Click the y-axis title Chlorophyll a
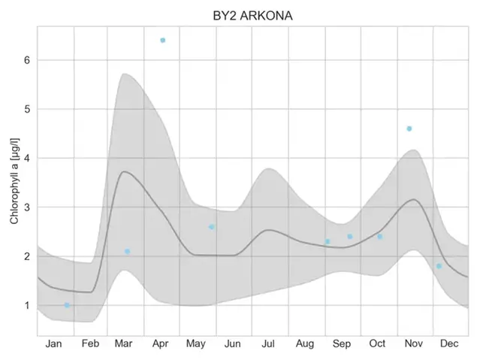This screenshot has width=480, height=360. tap(14, 181)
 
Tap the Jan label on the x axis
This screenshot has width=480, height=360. tap(54, 343)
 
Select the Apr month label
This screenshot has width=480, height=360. tap(160, 343)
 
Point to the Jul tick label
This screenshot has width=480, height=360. tap(268, 343)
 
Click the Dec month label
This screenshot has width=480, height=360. tap(449, 343)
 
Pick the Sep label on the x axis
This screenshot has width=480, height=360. tap(342, 343)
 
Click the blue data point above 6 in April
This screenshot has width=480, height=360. tap(162, 40)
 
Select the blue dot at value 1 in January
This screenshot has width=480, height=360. tap(67, 305)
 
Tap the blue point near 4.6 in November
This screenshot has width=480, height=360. tap(409, 129)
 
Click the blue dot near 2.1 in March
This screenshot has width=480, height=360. tap(127, 251)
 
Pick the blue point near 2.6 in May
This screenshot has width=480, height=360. tap(211, 227)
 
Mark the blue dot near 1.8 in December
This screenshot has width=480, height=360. tap(439, 266)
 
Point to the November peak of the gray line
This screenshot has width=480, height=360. tap(412, 199)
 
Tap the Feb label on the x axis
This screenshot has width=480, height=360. tap(90, 343)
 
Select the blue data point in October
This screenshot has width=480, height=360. tap(379, 237)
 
